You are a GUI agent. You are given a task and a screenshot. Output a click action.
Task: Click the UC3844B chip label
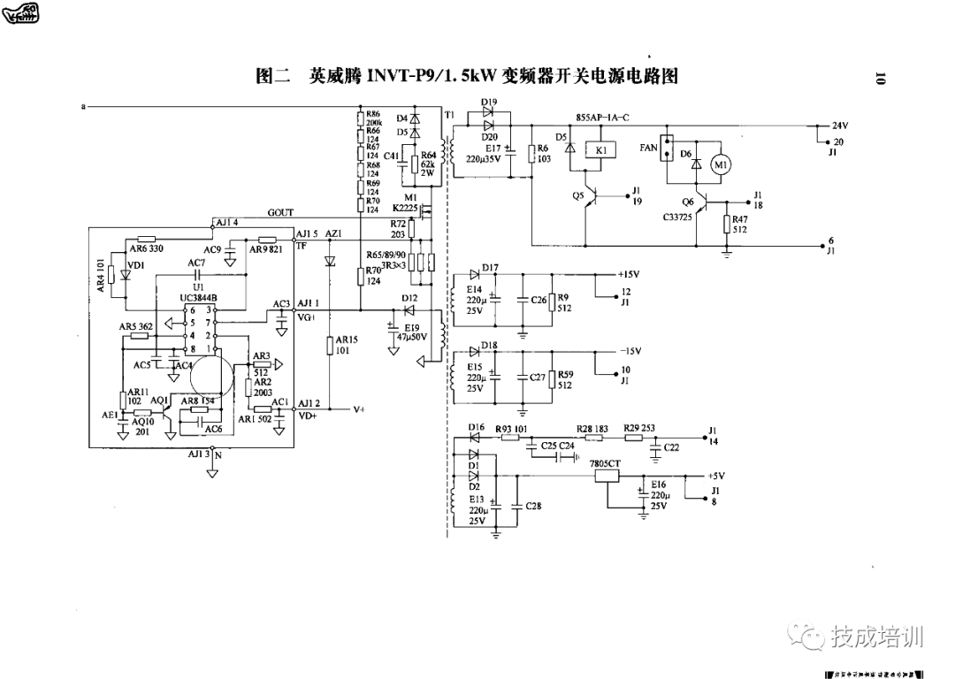(197, 298)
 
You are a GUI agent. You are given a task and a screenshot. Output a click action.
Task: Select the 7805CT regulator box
(607, 475)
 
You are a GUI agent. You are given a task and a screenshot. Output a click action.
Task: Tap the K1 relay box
(601, 151)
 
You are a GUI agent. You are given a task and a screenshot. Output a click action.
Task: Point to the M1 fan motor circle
(721, 164)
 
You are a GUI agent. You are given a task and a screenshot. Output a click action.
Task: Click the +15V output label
(628, 274)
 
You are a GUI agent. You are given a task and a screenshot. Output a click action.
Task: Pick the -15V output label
(628, 351)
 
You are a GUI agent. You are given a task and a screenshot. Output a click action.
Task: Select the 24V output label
(839, 125)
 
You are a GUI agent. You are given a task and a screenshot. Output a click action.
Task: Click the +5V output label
(717, 475)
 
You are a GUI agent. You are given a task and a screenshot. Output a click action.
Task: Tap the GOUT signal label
(280, 213)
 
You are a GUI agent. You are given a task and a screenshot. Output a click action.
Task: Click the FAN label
(649, 149)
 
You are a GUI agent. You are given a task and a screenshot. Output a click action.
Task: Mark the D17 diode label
(491, 266)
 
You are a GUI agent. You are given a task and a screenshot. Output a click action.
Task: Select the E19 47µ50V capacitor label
(412, 332)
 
